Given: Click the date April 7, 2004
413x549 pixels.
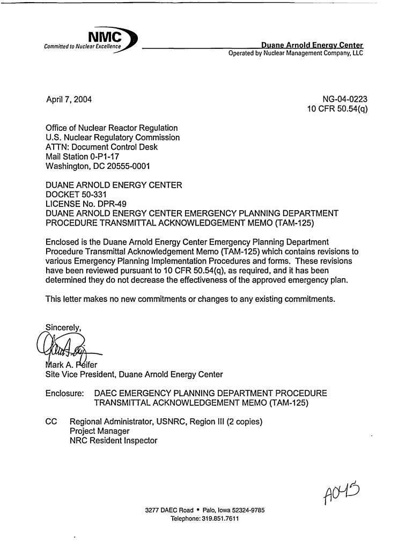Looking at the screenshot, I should point(69,99).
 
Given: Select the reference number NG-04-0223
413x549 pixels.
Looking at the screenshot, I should point(344,99).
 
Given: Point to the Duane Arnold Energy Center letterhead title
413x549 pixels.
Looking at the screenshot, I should point(312,45).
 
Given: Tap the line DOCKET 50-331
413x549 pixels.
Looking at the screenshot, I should point(77,196).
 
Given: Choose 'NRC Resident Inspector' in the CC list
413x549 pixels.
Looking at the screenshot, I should point(114,441).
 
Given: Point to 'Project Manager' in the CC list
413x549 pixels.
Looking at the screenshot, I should point(100,431).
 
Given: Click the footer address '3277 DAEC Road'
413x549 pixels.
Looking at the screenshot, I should point(169,510).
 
